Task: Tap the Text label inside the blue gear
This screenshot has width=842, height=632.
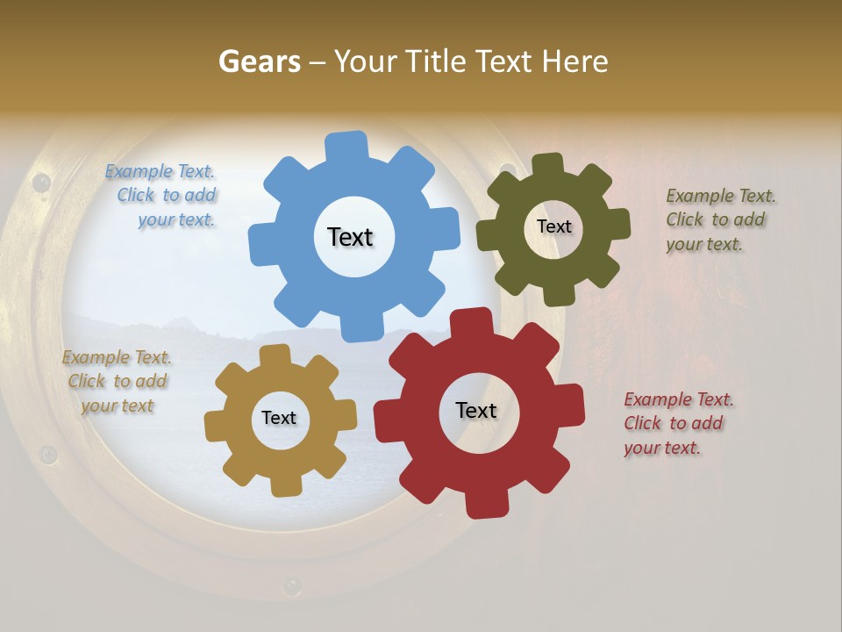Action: click(350, 237)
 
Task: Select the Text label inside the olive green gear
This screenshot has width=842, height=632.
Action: click(553, 226)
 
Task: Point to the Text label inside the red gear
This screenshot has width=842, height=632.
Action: click(476, 411)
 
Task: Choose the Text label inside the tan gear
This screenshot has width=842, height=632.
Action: click(279, 419)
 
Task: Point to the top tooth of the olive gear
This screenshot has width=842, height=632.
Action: click(546, 166)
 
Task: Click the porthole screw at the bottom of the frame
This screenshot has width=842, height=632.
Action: click(292, 584)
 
